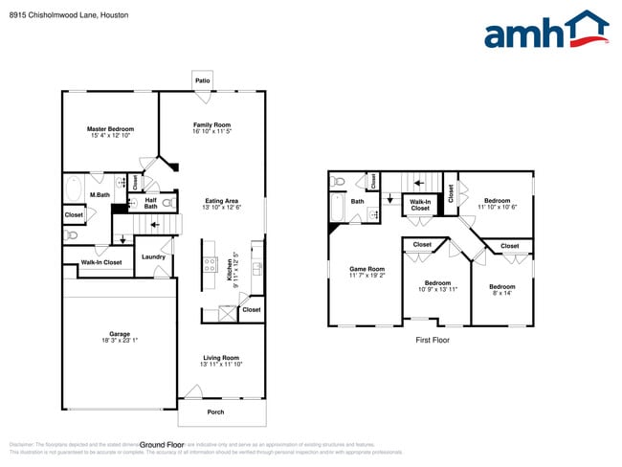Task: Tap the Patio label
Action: point(203,81)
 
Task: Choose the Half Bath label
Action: point(151,203)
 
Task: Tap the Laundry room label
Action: point(153,256)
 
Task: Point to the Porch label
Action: point(215,411)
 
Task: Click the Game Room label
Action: point(367,269)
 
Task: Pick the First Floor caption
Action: point(433,340)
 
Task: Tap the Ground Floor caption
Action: point(163,445)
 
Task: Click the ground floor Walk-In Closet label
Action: point(100,261)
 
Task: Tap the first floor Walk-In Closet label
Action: point(420,205)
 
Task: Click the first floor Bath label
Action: point(357,201)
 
